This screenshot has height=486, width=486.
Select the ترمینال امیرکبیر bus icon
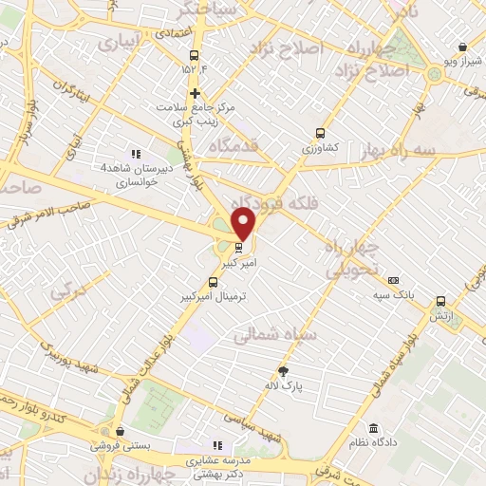(213, 282)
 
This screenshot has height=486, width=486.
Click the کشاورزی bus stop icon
(319, 134)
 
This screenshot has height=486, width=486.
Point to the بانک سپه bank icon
(393, 280)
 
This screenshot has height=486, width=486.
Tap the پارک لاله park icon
(283, 370)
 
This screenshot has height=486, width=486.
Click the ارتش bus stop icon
(440, 301)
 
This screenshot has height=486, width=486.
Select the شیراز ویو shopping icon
(462, 47)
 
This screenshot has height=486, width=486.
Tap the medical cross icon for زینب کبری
(195, 93)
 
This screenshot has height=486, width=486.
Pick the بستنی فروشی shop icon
(116, 430)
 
